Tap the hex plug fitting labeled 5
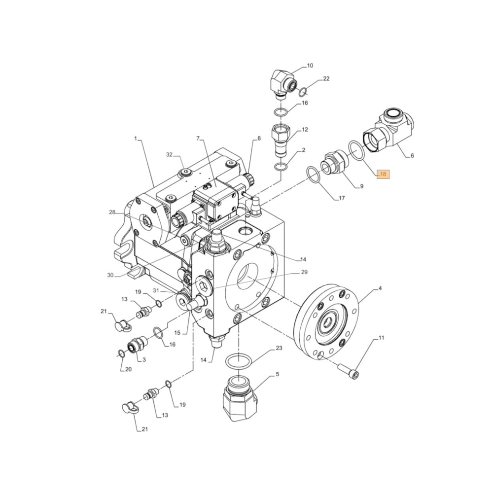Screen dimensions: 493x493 (239, 398)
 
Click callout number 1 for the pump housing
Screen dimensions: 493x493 (135, 139)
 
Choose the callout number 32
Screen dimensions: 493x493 (169, 154)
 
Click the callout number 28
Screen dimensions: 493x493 (112, 212)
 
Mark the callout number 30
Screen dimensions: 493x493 (110, 275)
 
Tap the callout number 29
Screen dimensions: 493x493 (304, 273)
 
